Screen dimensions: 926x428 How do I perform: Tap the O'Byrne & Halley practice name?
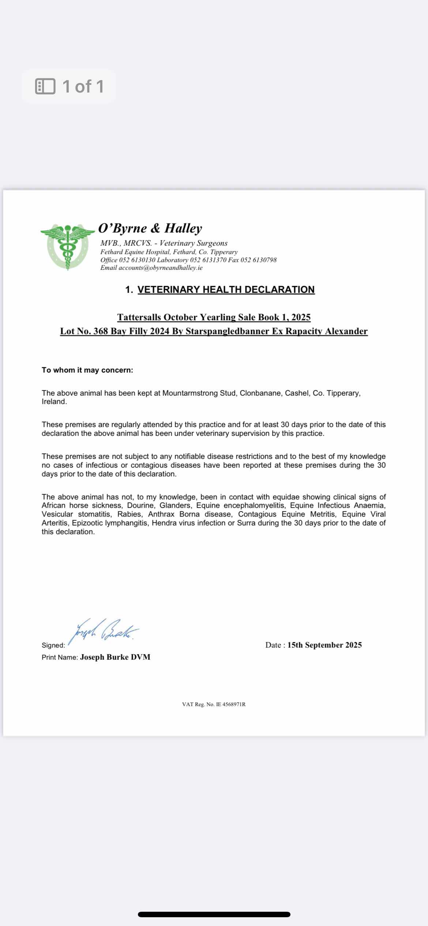pyautogui.click(x=150, y=228)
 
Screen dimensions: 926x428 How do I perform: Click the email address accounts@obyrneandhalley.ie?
pyautogui.click(x=160, y=268)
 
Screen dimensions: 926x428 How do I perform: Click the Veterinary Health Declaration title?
pyautogui.click(x=226, y=290)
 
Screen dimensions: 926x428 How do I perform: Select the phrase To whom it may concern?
pyautogui.click(x=87, y=370)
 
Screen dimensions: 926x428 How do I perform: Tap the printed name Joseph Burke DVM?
pyautogui.click(x=115, y=657)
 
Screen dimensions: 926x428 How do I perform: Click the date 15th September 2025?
pyautogui.click(x=324, y=645)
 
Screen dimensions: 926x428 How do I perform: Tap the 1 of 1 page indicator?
pyautogui.click(x=83, y=86)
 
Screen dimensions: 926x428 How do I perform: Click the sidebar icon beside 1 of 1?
pyautogui.click(x=45, y=86)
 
